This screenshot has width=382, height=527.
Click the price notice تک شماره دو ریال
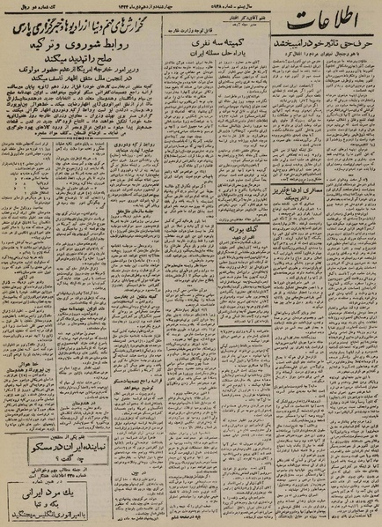(35, 8)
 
